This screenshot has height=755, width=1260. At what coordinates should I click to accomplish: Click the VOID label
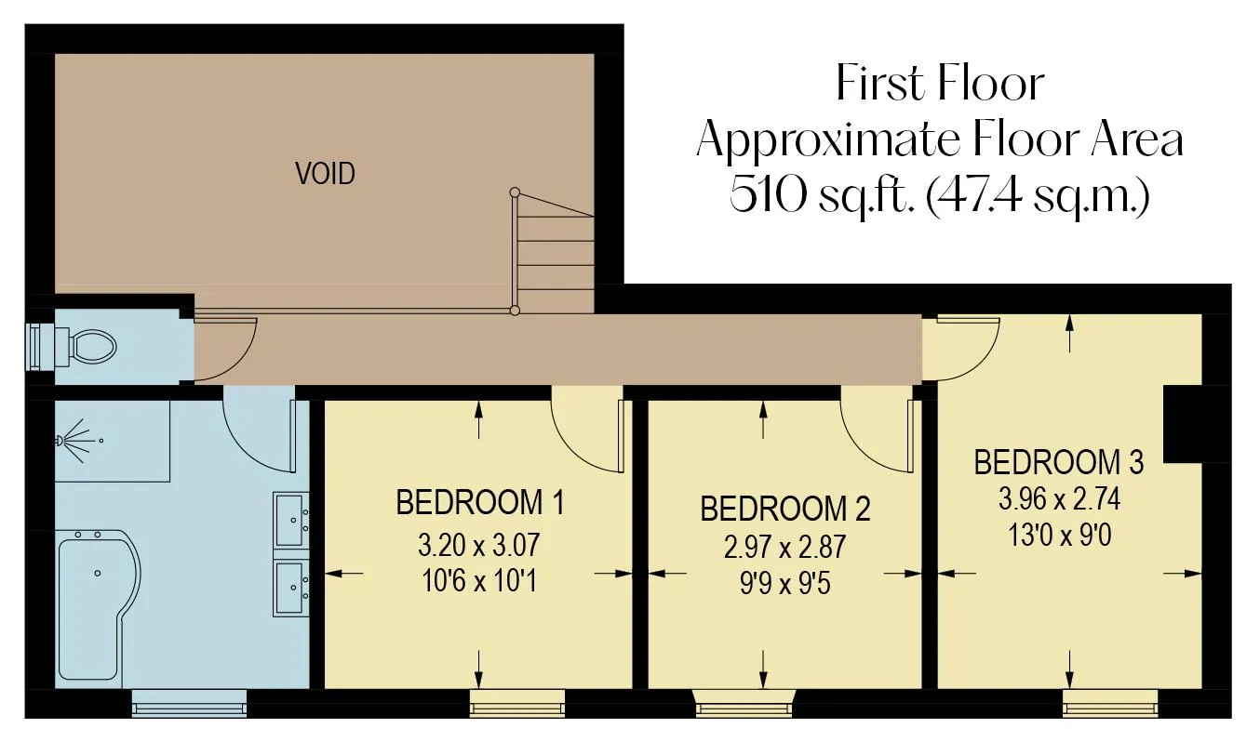point(325,173)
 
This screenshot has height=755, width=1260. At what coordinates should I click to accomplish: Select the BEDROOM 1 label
point(480,502)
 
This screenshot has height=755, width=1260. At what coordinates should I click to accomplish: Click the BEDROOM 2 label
point(785,509)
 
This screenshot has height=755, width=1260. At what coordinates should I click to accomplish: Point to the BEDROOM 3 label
point(1059,462)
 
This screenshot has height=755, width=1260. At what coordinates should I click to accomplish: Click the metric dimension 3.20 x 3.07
point(478,545)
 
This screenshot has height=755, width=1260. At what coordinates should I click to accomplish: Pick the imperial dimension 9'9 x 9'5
point(784,584)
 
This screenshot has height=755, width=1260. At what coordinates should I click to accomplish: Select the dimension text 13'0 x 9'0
point(1060,536)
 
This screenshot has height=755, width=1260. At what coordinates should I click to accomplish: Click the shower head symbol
point(79,441)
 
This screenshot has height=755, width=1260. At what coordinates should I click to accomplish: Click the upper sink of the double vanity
point(291,520)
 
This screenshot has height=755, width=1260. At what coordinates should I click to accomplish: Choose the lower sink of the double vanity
point(291,588)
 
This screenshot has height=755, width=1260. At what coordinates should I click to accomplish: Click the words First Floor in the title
point(940,83)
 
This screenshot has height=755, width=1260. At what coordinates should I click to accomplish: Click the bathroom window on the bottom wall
point(190,703)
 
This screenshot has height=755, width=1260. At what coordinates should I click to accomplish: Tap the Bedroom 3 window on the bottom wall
point(1110,703)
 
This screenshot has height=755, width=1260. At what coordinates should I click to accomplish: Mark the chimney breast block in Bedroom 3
point(1183,424)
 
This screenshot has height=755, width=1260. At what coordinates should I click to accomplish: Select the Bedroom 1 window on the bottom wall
point(517,703)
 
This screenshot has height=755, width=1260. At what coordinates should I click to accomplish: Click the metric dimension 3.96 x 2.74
point(1060,498)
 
